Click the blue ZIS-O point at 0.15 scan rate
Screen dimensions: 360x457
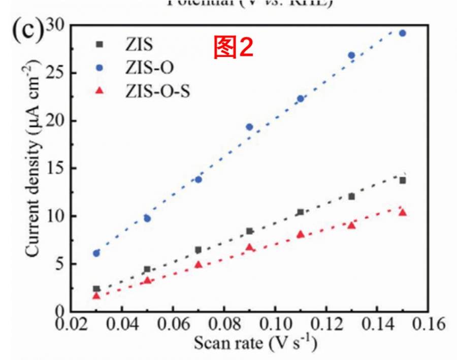point(402,33)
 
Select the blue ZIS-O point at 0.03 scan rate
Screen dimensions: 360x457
point(96,253)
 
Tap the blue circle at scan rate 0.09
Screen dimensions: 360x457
point(249,127)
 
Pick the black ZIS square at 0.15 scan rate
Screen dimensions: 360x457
point(402,180)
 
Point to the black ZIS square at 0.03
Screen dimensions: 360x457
point(96,288)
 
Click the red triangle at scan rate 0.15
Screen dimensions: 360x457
point(402,212)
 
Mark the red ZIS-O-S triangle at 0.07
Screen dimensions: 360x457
point(199,265)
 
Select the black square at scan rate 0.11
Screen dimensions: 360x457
point(300,212)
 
